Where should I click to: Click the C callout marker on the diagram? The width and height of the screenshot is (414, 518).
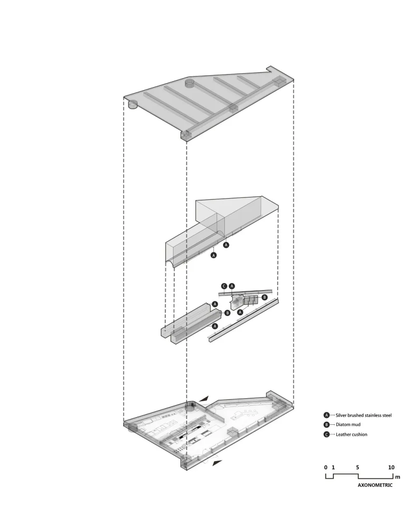(x=224, y=286)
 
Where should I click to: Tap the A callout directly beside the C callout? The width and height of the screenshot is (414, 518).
(x=232, y=286)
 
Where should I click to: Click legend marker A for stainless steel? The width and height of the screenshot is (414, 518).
(x=326, y=415)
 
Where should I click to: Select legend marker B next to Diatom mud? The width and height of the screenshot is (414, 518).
(x=326, y=425)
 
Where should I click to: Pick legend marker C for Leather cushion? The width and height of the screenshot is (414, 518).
(x=326, y=434)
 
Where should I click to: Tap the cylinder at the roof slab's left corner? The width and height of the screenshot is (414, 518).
(x=132, y=104)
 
